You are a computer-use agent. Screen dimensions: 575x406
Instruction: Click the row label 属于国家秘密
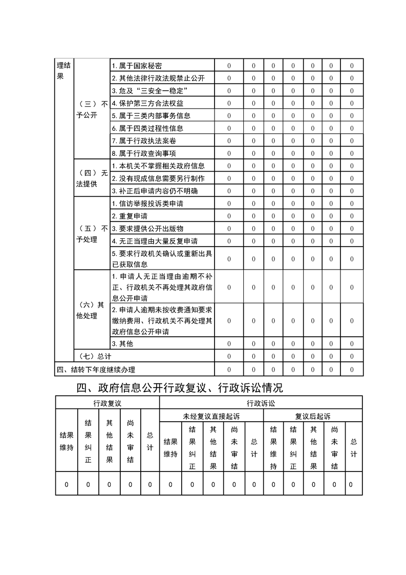[x=137, y=66]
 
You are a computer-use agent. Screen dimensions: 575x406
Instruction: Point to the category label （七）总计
[x=93, y=356]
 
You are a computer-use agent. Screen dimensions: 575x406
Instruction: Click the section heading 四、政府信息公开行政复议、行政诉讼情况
[x=179, y=387]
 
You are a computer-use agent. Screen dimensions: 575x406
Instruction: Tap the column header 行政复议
[x=108, y=403]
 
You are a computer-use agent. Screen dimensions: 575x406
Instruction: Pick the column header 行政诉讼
[x=261, y=403]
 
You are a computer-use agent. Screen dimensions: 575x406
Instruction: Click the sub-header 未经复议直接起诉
[x=211, y=416]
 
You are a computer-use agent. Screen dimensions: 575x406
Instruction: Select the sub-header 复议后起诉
[x=313, y=416]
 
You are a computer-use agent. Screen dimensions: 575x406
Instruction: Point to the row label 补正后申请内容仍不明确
[x=155, y=191]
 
